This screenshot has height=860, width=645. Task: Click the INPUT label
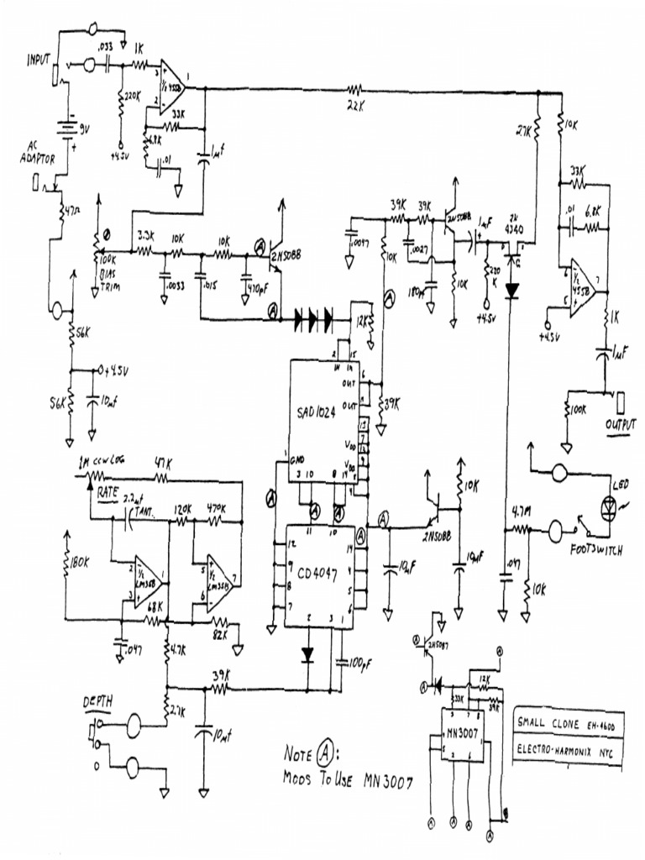[x=39, y=60]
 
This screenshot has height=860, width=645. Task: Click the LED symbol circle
[x=607, y=508]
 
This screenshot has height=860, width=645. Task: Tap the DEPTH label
[x=98, y=700]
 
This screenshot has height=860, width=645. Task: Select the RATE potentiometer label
[x=107, y=492]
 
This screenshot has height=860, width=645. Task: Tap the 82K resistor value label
[x=221, y=634]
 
